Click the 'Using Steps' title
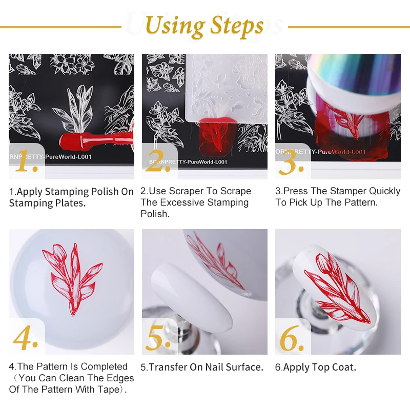point(204,25)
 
